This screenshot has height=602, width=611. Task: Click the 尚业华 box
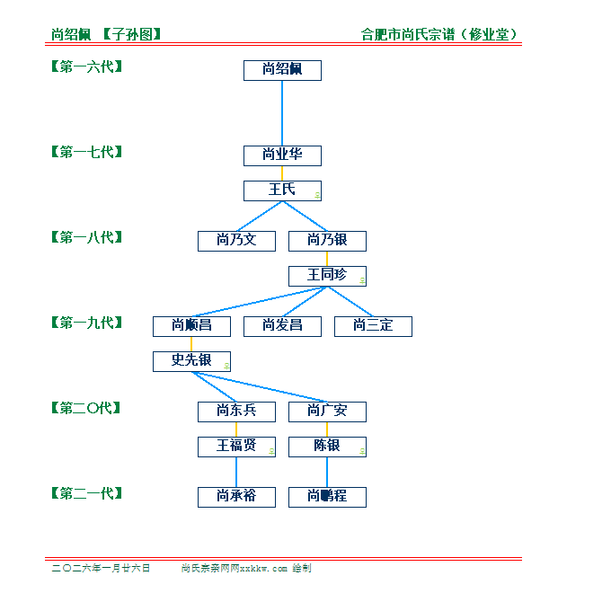pos(282,155)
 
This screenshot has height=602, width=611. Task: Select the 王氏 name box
pos(282,190)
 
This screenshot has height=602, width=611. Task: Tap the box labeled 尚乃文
pos(236,241)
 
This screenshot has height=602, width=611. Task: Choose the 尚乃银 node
pos(327,241)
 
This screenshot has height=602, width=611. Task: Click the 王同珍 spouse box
pos(327,276)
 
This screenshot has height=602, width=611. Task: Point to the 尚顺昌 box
pos(191,326)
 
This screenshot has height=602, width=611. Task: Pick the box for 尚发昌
pos(282,326)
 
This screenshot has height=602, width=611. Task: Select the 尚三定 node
pos(373,326)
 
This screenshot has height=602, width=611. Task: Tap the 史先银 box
pos(191,361)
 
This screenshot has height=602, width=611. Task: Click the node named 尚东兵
pos(236,412)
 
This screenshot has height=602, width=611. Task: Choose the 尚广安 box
pos(327,412)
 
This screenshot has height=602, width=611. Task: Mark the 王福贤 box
pos(236,447)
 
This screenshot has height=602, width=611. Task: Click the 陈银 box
pos(327,447)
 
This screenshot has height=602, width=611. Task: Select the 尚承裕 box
pos(236,497)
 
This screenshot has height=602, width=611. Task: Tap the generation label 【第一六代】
pos(86,66)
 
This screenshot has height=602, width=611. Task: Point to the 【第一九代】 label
pos(86,323)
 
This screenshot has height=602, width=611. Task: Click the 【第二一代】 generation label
pos(86,493)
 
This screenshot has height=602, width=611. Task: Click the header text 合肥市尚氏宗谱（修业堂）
pos(439,35)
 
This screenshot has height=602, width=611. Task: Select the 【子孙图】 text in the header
pos(131,35)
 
